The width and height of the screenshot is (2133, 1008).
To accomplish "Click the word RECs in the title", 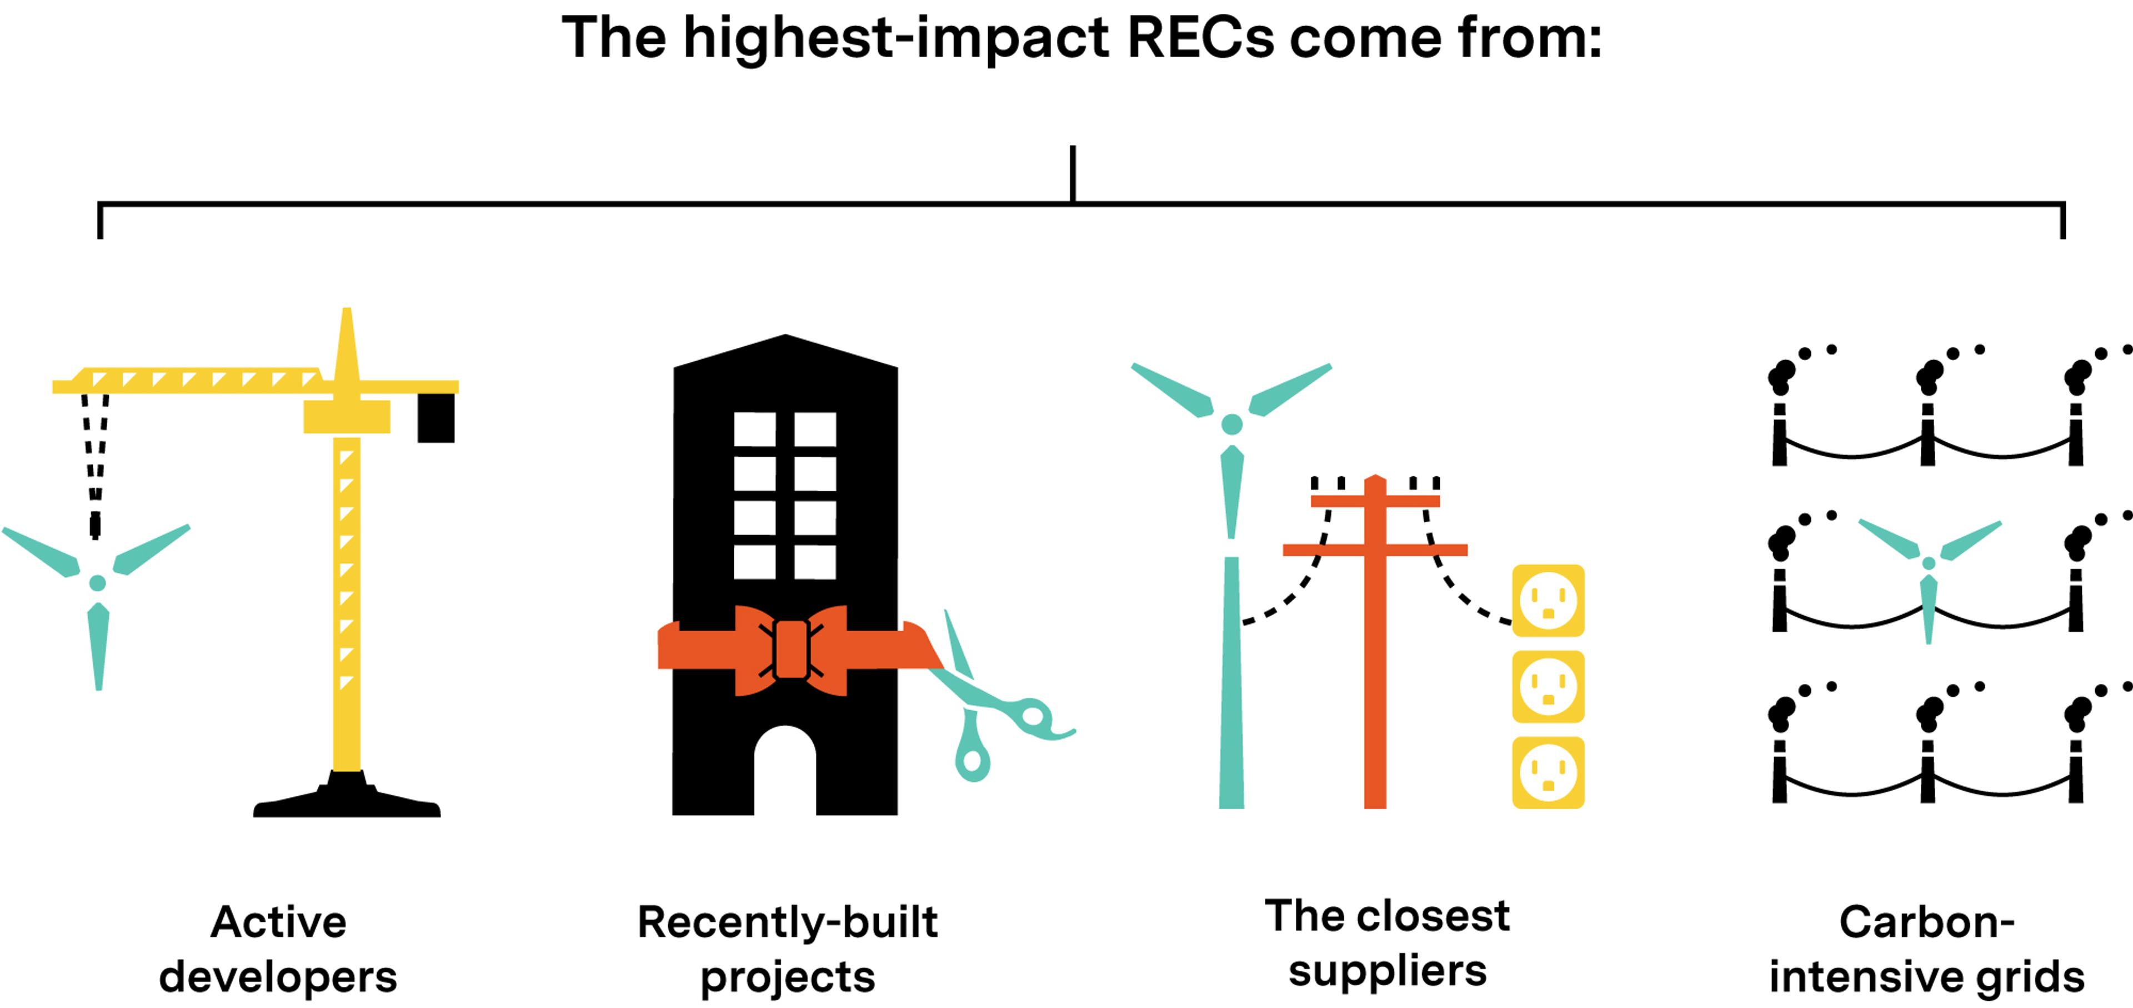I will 1200,39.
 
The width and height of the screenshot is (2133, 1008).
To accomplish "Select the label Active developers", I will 278,949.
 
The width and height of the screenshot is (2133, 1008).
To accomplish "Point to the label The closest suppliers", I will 1388,944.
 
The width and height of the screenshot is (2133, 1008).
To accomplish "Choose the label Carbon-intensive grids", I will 1927,949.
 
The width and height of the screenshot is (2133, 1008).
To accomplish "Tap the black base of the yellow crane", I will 347,802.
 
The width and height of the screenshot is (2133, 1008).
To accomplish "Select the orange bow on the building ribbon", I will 791,650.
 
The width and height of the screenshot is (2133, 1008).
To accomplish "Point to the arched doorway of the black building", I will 785,770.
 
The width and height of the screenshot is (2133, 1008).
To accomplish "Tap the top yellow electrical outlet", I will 1548,601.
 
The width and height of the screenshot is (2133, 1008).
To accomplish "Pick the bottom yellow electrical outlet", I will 1548,773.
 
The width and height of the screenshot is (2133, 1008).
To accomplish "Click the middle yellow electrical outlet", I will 1548,687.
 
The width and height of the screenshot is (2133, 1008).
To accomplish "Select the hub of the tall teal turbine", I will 1231,424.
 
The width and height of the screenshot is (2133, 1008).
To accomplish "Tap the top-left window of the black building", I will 754,429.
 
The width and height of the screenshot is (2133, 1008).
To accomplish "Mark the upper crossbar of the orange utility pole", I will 1375,501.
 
